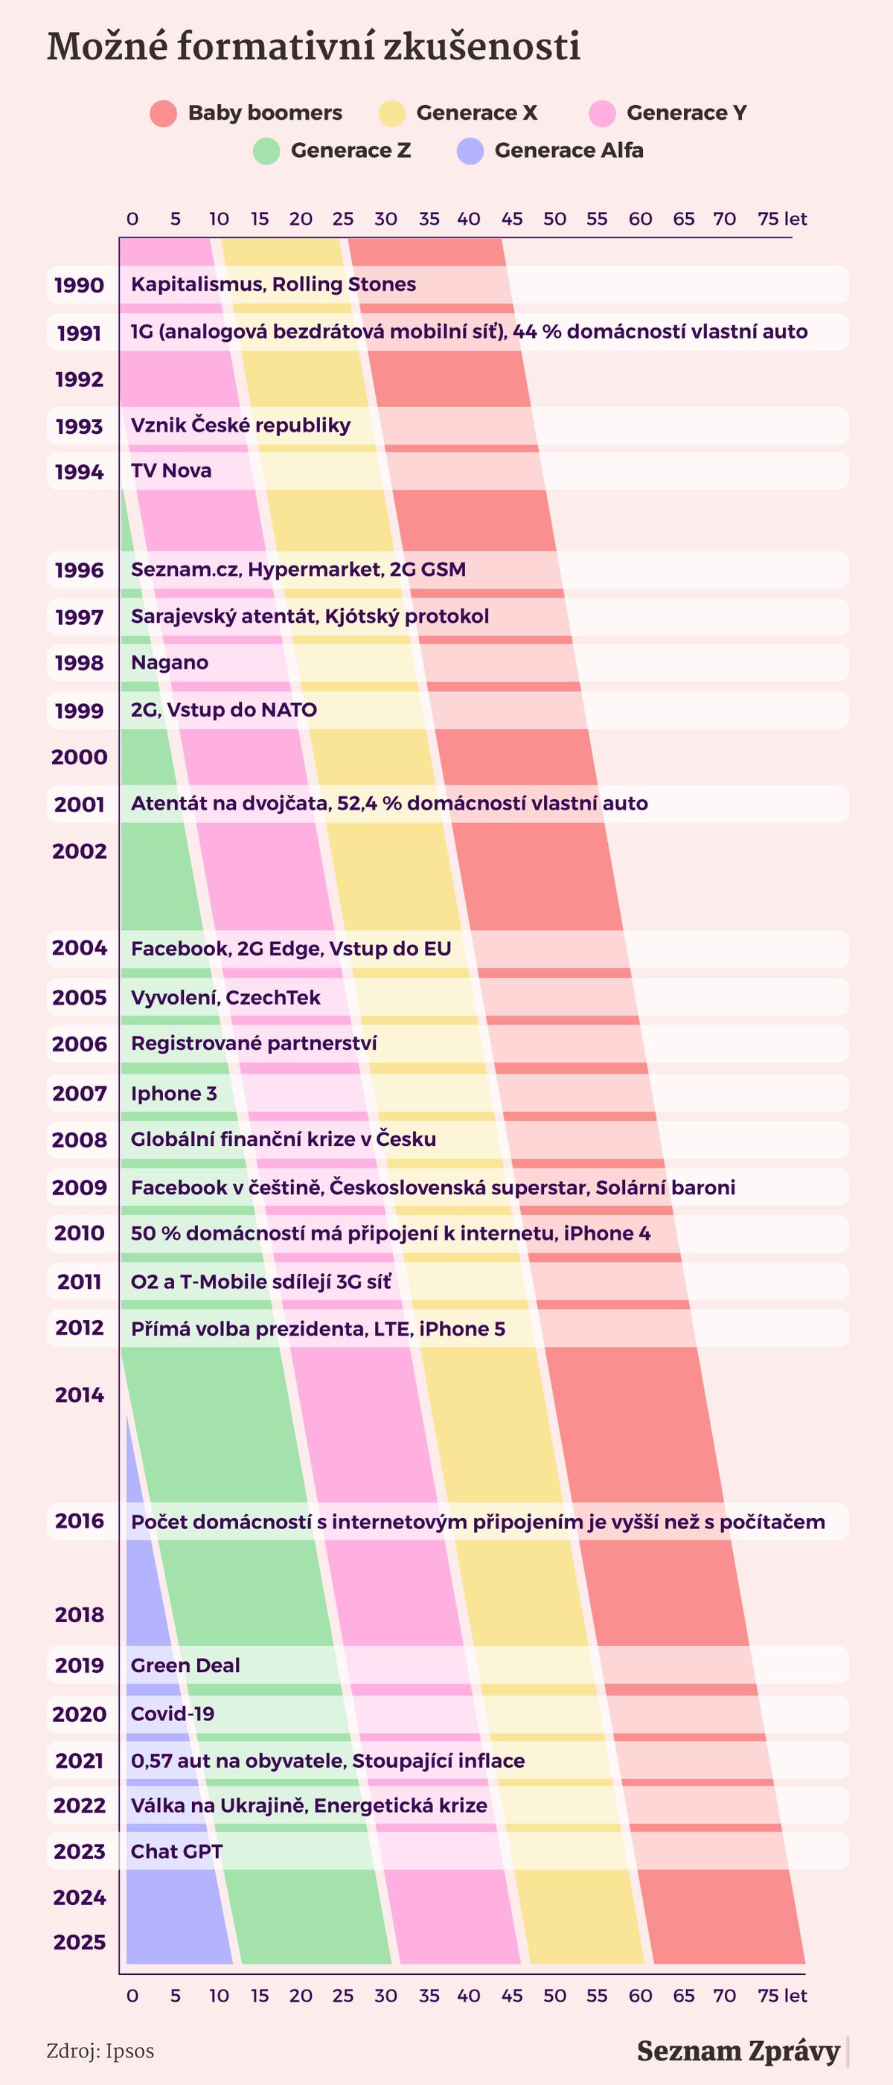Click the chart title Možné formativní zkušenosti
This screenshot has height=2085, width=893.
tap(313, 47)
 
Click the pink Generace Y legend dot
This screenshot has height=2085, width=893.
tap(602, 113)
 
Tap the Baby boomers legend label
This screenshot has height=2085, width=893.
tap(265, 112)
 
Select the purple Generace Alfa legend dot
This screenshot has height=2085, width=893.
tap(470, 150)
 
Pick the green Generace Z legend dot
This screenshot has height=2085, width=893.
tap(266, 150)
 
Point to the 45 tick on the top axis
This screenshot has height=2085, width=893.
tap(512, 219)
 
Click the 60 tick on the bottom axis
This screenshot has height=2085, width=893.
tap(639, 1995)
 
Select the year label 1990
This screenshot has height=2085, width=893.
tap(80, 285)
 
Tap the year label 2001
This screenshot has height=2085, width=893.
tap(80, 804)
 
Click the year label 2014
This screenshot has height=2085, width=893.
tap(80, 1394)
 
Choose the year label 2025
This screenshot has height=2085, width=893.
tap(80, 1941)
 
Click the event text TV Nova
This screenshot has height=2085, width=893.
tap(171, 471)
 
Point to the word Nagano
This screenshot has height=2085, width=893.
tap(169, 663)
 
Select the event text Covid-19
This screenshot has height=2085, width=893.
tap(173, 1714)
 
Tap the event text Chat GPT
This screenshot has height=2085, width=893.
tap(176, 1851)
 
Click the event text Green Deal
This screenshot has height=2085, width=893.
tap(185, 1665)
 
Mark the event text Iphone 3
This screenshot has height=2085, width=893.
tap(174, 1094)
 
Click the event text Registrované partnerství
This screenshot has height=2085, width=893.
tap(254, 1043)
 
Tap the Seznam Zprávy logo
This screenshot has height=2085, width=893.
tap(738, 2050)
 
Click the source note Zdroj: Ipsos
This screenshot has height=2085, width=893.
tap(100, 2051)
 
